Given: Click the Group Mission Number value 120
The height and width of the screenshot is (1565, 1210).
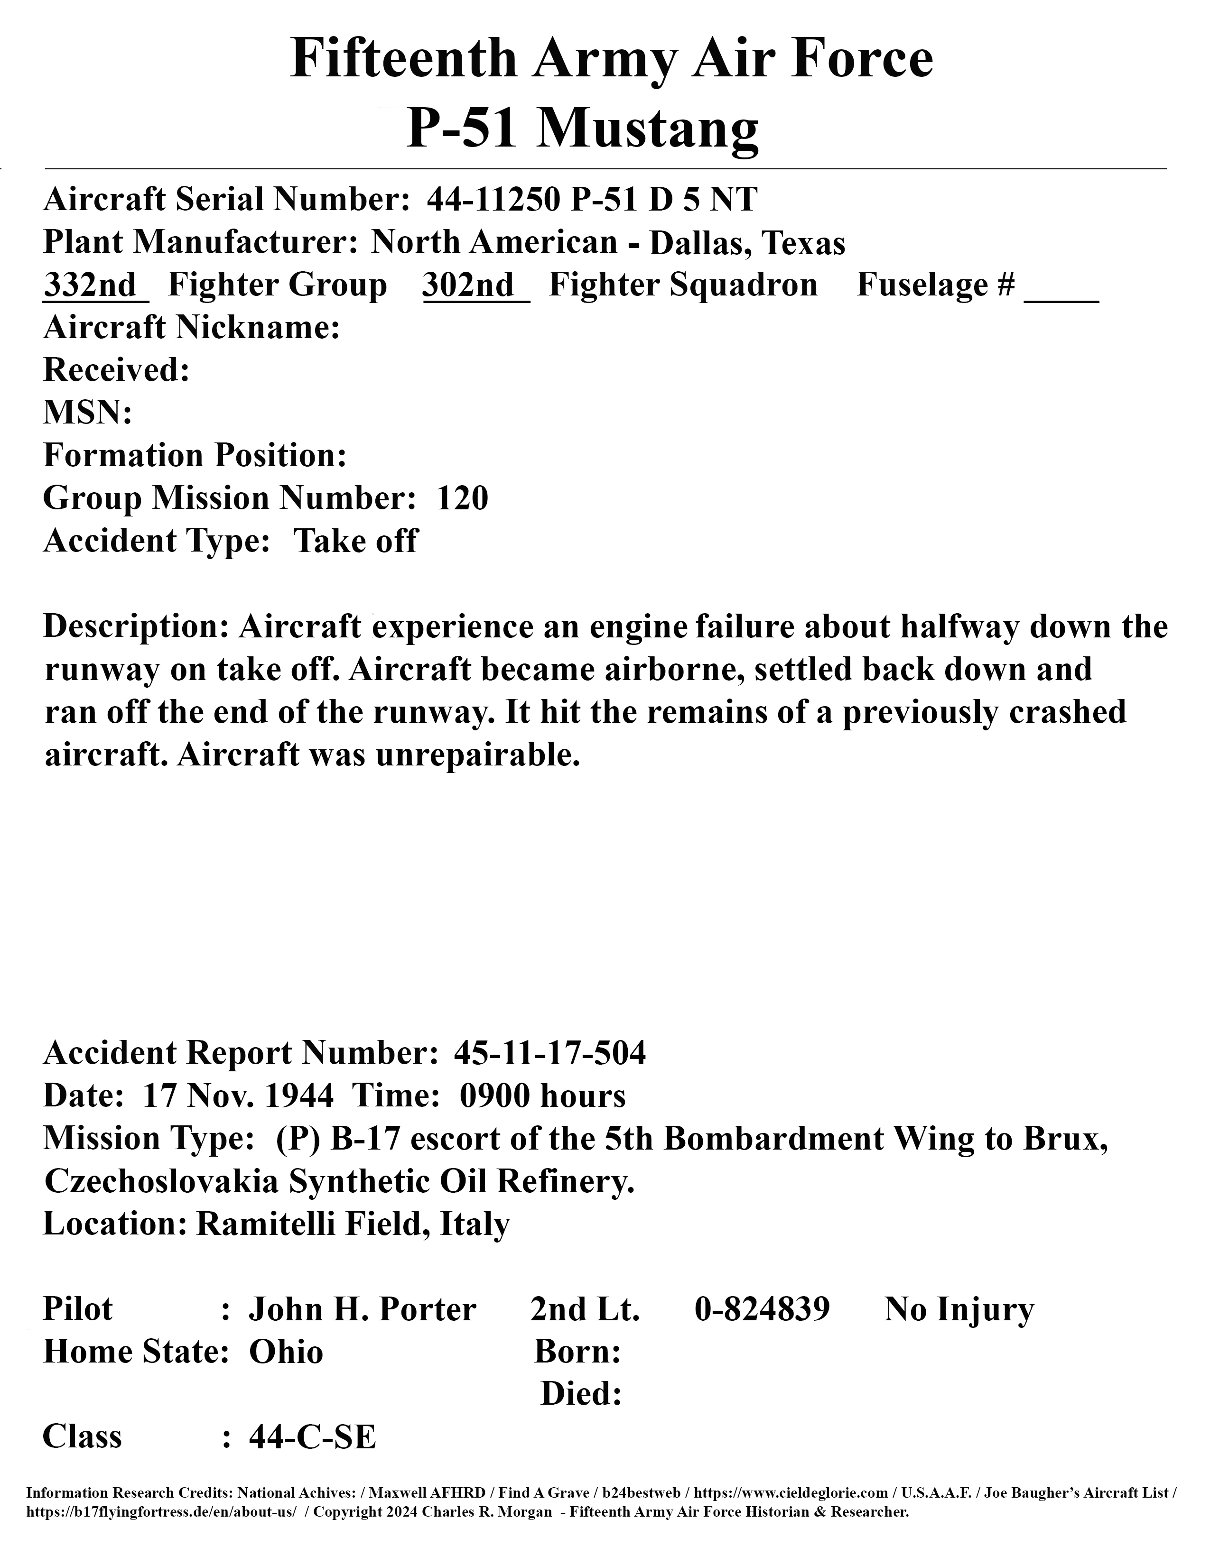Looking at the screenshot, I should (462, 498).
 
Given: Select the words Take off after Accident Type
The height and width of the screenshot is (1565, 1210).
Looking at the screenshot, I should (355, 541).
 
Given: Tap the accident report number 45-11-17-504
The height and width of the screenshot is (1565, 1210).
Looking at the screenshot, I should (550, 1053).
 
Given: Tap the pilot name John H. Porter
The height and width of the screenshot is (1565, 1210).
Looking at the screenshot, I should (362, 1310).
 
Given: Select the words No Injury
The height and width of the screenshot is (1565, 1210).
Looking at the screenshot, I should (959, 1310).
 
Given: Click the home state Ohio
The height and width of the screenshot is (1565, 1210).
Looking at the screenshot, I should (285, 1352).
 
